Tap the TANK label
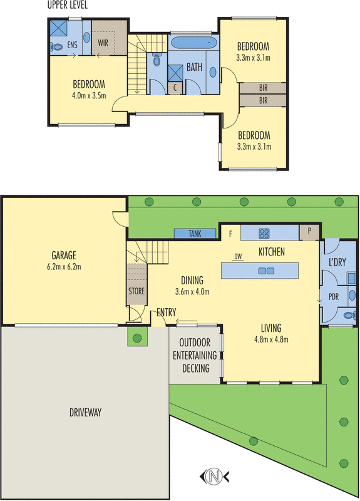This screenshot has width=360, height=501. point(195,234)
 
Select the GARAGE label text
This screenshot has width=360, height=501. point(64,255)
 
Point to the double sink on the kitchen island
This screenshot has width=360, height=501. point(267,271)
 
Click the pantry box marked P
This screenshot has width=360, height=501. point(308,232)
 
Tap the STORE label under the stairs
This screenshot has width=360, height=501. point(136,291)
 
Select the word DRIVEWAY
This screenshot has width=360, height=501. point(83,413)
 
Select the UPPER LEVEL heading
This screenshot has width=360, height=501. point(68,5)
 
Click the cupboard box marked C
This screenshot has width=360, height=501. point(177,87)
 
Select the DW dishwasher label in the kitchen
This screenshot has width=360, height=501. point(237,257)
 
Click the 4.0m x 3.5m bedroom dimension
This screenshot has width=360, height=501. point(88,95)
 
